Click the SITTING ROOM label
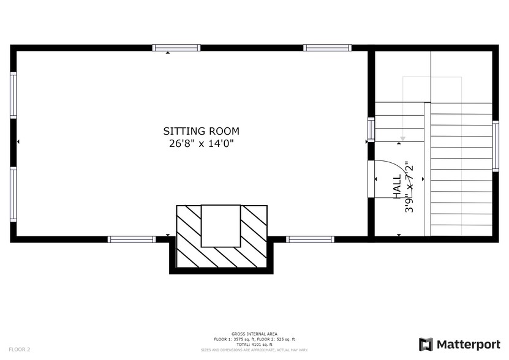[201, 131]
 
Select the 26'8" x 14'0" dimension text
[201, 144]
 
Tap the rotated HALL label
[397, 186]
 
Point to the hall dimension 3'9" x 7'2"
[409, 187]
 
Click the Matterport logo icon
[426, 344]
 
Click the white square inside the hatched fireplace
[221, 225]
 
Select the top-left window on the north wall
[176, 48]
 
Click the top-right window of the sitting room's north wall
[327, 48]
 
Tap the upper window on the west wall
[13, 95]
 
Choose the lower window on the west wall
[13, 194]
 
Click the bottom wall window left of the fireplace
[132, 239]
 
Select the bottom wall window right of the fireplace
[311, 239]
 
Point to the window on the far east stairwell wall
[496, 146]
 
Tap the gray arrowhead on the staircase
[402, 139]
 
